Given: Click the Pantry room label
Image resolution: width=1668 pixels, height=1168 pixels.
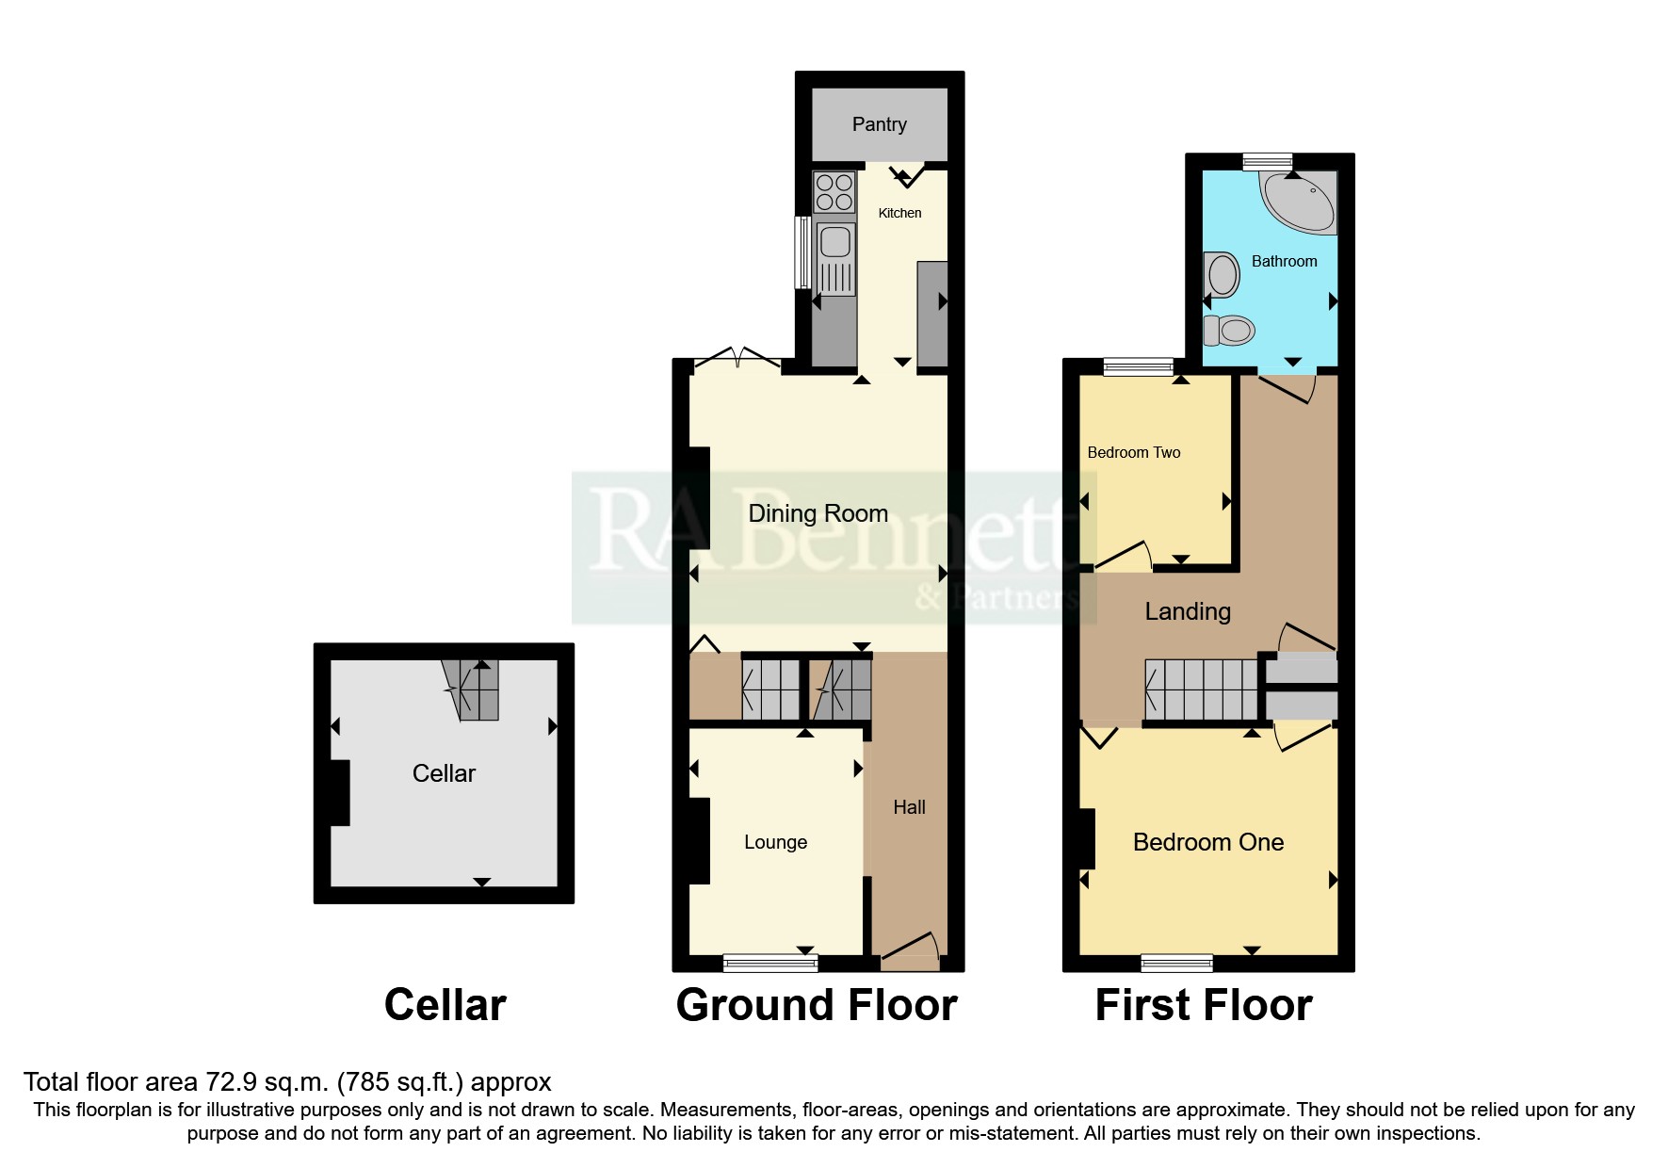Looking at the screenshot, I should click(x=879, y=124).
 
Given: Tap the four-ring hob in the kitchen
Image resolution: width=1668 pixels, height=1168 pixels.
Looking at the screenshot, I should click(x=834, y=192).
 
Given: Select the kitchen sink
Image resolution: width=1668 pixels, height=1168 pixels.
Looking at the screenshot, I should click(x=835, y=243).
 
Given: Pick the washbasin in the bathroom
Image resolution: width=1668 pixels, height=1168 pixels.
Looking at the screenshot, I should click(x=1223, y=275).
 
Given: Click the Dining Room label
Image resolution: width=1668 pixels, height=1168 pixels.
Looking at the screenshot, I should click(x=818, y=513).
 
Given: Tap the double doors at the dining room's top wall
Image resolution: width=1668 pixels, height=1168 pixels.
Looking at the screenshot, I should click(x=737, y=359).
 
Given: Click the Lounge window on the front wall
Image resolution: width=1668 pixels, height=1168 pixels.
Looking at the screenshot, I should click(x=770, y=963).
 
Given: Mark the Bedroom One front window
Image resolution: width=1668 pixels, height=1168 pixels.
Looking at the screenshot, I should click(x=1176, y=963).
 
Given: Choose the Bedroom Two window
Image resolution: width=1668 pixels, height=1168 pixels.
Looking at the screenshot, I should click(x=1139, y=366).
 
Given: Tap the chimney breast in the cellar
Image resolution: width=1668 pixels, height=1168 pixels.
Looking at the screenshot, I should click(x=339, y=793).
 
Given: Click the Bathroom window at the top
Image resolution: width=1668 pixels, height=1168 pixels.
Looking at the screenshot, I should click(x=1268, y=162).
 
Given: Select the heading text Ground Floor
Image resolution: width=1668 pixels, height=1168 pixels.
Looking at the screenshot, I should click(x=817, y=1005).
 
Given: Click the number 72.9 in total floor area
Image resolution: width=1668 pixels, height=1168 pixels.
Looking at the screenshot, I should click(x=232, y=1082).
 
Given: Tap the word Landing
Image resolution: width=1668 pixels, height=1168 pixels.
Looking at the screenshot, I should click(x=1188, y=611).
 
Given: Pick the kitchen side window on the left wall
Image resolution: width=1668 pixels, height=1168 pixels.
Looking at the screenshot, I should click(x=802, y=251).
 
